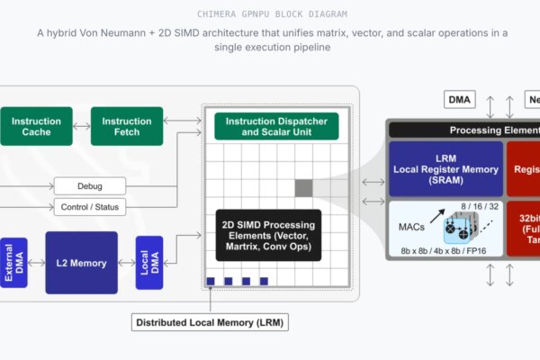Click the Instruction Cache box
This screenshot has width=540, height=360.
[x=37, y=127]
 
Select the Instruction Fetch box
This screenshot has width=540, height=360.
[x=127, y=127]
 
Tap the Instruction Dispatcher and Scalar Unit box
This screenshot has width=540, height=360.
[x=276, y=127]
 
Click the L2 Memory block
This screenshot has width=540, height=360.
[x=82, y=263]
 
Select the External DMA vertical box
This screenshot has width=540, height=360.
[x=14, y=263]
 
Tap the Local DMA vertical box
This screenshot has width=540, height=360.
[x=149, y=263]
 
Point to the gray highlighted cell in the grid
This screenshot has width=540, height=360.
[x=303, y=187]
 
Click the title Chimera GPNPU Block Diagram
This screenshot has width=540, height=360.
[x=269, y=13]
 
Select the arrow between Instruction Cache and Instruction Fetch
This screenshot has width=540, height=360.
[x=82, y=127]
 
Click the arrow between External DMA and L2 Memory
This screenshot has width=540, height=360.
[x=37, y=263]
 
